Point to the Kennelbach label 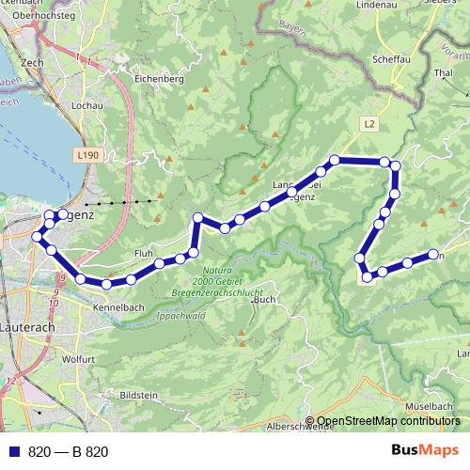point(117,307)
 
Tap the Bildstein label point(139,396)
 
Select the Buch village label point(264,300)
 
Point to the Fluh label point(144,254)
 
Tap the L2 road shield point(368,123)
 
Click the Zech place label point(33,62)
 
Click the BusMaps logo point(425,451)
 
